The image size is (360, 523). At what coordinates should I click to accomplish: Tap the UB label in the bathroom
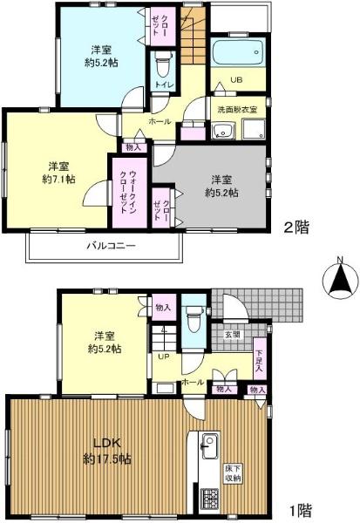pos(236,80)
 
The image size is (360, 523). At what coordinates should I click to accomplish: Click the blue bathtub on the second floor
pos(237,52)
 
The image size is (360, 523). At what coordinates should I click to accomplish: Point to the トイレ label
pos(162,85)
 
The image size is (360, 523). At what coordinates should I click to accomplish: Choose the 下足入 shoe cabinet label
pos(259,358)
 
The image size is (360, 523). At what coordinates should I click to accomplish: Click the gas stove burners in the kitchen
pos(209,499)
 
